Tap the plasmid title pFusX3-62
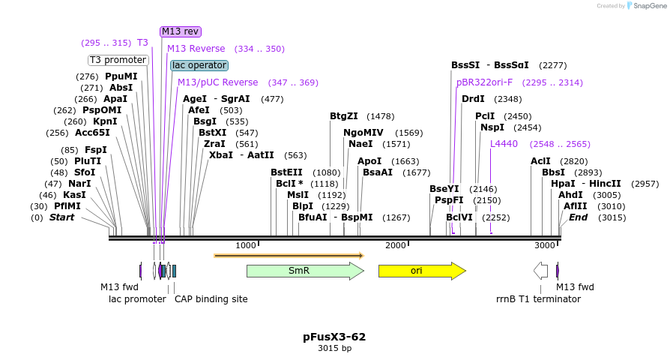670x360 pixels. (334, 337)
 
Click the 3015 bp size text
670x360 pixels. (334, 348)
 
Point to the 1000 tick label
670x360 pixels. (246, 245)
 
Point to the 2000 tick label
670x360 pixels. (395, 245)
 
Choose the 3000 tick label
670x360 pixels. (545, 245)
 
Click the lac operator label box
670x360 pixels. (199, 65)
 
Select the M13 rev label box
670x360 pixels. (179, 31)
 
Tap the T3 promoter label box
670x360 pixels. (118, 60)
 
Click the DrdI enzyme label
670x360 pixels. (473, 99)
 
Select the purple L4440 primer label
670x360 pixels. (504, 144)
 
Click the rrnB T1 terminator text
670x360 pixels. (538, 298)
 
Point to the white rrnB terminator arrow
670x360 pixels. (540, 271)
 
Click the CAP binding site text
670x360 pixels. (211, 298)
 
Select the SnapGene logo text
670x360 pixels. (647, 6)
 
